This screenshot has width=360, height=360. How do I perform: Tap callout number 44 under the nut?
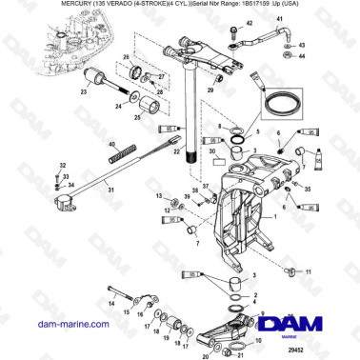pyautogui.click(x=302, y=56)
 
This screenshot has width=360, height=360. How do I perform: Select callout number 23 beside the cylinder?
pyautogui.click(x=84, y=92)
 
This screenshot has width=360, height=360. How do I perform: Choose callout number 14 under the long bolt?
pyautogui.click(x=112, y=304)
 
